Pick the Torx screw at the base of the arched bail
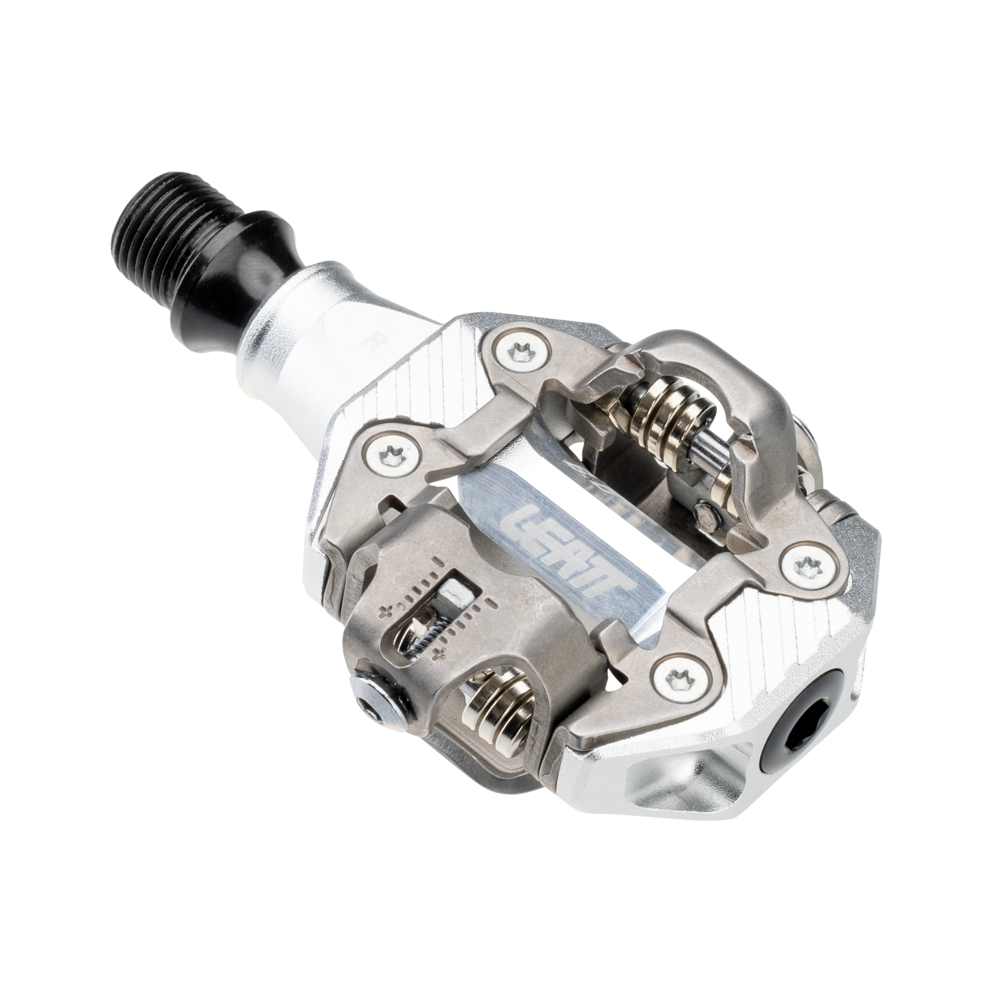tap(805, 565)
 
